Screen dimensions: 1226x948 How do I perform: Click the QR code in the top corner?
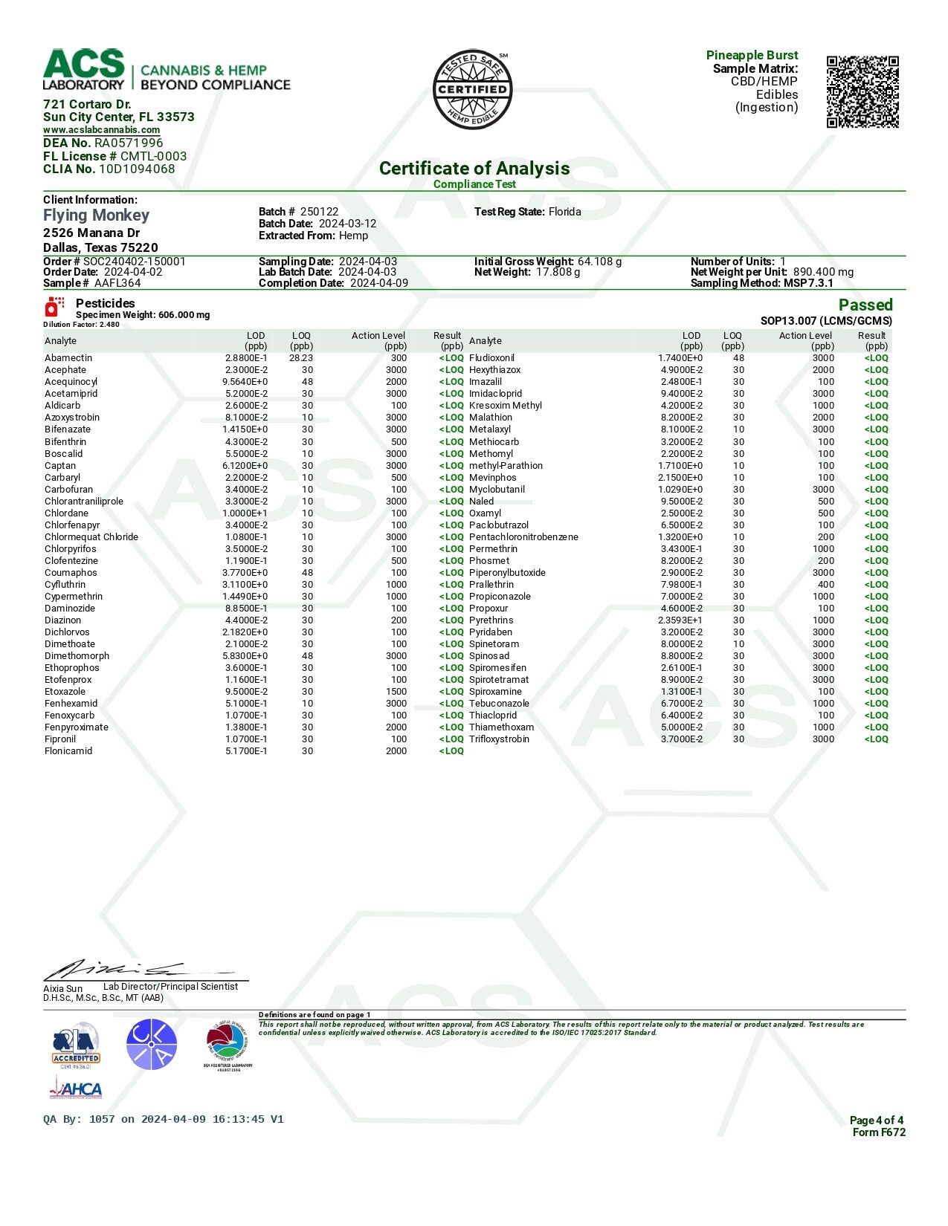coord(862,91)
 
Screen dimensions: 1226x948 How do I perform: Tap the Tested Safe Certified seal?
coord(472,90)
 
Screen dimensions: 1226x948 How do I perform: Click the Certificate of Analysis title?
coord(474,169)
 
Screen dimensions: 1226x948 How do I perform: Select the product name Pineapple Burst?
coord(752,55)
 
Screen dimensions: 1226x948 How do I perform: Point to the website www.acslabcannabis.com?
coord(101,130)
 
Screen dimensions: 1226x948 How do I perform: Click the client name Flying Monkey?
coord(96,215)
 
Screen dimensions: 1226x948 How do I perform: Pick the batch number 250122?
coord(319,212)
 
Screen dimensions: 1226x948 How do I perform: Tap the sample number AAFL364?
coord(117,283)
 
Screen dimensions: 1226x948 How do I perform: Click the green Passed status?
coord(865,305)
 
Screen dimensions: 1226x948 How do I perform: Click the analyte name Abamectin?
coord(68,358)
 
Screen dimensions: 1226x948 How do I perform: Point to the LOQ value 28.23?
coord(301,358)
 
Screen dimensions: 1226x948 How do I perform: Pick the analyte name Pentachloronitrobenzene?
coord(523,537)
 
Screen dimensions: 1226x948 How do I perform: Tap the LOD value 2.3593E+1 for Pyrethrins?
coord(680,620)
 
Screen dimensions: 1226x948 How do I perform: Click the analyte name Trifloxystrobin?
coord(499,739)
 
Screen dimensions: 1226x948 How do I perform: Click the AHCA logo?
coord(75,1089)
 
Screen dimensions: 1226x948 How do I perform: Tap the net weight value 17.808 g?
coord(558,272)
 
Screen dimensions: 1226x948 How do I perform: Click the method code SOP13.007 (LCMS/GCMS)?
coord(825,321)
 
